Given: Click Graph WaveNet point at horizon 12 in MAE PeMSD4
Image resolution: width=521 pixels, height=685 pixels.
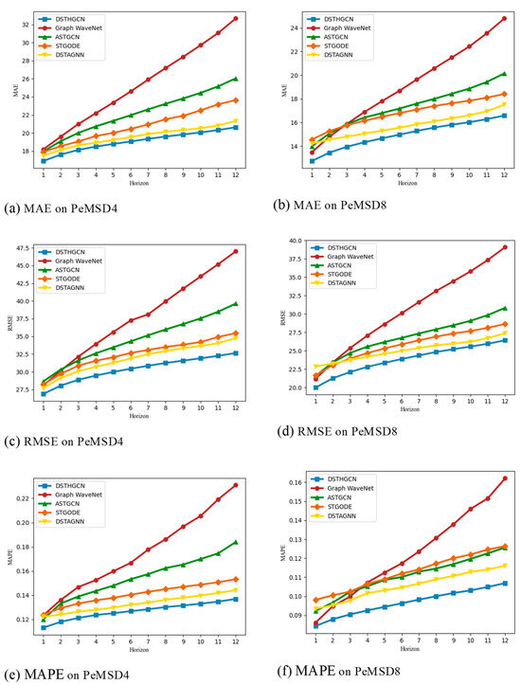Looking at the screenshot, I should pyautogui.click(x=235, y=19).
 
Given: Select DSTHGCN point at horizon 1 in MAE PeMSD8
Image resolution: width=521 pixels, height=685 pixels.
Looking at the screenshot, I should pyautogui.click(x=313, y=161).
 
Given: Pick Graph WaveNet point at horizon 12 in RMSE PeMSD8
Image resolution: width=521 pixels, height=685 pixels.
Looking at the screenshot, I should pyautogui.click(x=505, y=246).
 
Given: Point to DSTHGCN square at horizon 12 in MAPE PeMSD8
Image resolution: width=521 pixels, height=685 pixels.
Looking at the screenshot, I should pyautogui.click(x=505, y=583).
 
